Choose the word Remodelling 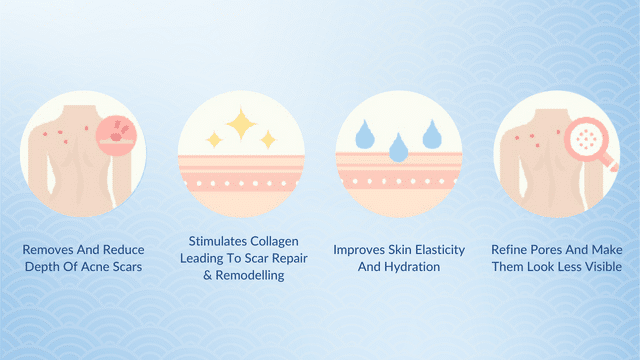tap(245, 275)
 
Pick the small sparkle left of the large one tap(213, 140)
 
